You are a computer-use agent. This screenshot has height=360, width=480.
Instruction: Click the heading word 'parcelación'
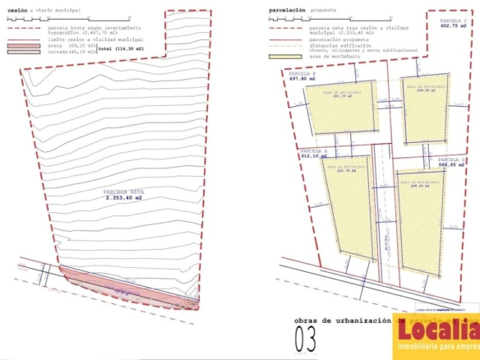pos(288,11)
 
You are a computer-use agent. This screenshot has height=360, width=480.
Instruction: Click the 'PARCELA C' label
pos(455,19)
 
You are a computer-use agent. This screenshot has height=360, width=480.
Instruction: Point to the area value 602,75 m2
pos(454,26)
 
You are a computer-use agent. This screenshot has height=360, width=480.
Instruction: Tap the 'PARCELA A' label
pos(314,151)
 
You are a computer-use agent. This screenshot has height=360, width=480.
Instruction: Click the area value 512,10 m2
pos(314,159)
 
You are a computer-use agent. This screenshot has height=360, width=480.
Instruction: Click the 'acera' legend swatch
pos(20,47)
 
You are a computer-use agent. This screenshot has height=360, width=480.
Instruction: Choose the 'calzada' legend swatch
pos(20,53)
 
